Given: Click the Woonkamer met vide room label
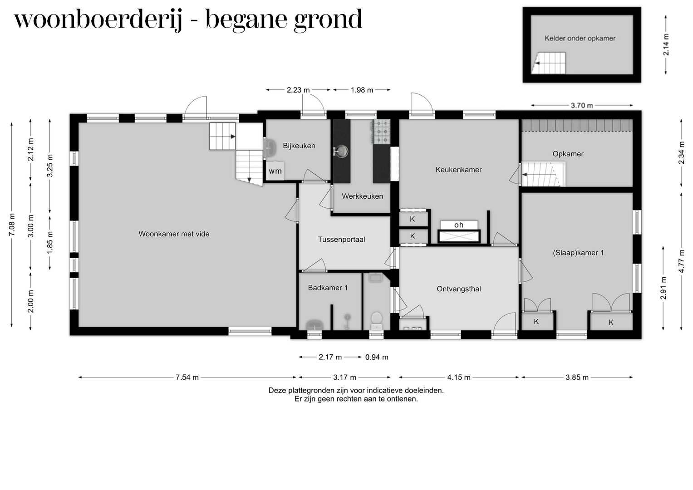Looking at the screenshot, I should tap(174, 234).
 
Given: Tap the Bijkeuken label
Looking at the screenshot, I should tap(299, 146).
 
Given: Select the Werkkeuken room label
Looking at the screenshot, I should tap(362, 196).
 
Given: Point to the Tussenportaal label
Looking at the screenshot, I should tap(341, 240).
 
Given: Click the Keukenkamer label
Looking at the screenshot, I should tap(458, 170).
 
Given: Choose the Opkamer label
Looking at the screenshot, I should tap(568, 154).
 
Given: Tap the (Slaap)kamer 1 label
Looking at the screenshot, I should tap(578, 253).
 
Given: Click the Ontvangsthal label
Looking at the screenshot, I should tap(458, 289).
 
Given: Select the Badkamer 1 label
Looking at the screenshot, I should tap(328, 288).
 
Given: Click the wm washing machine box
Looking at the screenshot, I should tap(275, 171).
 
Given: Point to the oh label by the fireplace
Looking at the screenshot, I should tap(458, 225).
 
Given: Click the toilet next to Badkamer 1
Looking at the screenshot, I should tap(376, 319).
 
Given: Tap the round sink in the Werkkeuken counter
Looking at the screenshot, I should tap(341, 151).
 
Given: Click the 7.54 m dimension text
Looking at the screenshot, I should tap(187, 377).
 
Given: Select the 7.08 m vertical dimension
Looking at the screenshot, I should tap(12, 225).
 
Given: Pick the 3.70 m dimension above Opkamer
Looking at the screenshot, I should tap(581, 106).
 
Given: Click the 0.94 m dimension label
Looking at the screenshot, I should tap(377, 357).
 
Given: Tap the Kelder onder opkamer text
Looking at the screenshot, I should tap(580, 39).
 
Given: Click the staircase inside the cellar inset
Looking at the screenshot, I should tap(549, 63).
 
